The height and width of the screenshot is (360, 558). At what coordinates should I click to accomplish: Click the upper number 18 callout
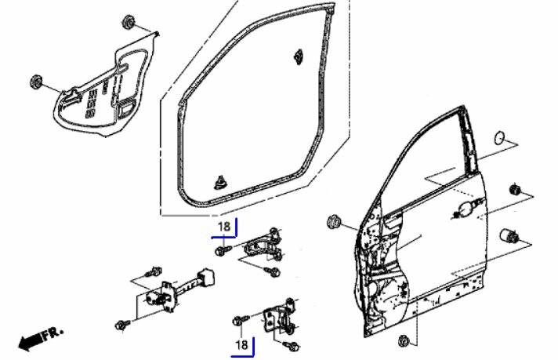point(223,227)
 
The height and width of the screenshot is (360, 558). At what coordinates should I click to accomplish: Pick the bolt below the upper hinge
point(274,272)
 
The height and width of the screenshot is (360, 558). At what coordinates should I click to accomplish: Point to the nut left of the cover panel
point(36,82)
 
